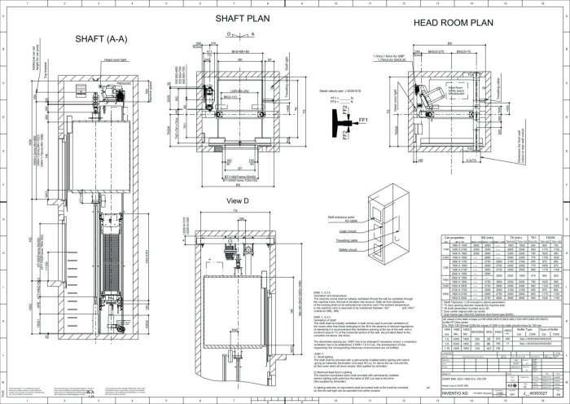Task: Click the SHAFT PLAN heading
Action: pyautogui.click(x=243, y=19)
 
